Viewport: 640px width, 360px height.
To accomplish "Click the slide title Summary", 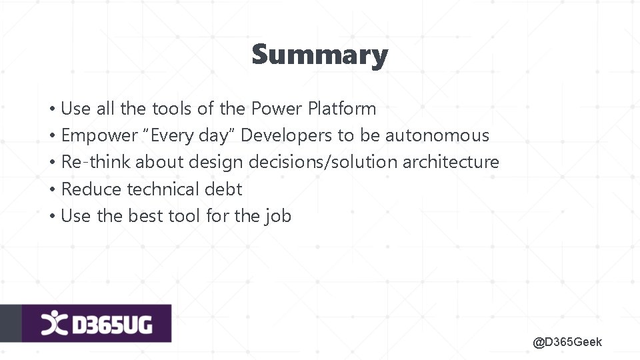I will pyautogui.click(x=319, y=55).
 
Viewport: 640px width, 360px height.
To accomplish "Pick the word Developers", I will pyautogui.click(x=286, y=136).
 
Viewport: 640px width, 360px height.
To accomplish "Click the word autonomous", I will pyautogui.click(x=437, y=136).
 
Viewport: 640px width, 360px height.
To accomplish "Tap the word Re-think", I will pyautogui.click(x=96, y=162).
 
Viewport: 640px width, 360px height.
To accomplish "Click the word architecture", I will pyautogui.click(x=450, y=162).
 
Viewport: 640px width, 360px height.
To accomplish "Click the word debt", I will pyautogui.click(x=223, y=189).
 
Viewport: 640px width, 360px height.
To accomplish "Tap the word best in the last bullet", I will pyautogui.click(x=145, y=216).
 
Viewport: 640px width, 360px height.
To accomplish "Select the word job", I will pyautogui.click(x=279, y=217).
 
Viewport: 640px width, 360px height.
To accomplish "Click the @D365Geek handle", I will pyautogui.click(x=567, y=342).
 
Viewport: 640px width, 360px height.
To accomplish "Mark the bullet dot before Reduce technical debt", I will pyautogui.click(x=51, y=190).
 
